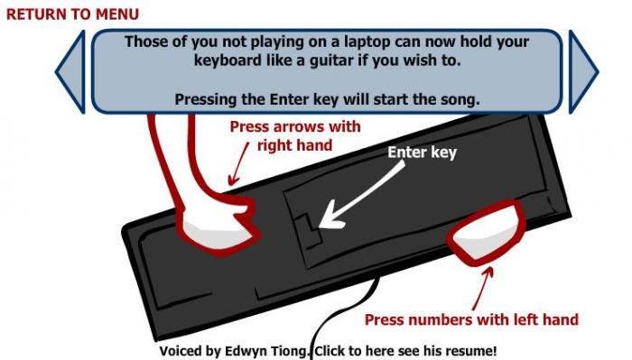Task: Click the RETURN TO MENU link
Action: point(72,14)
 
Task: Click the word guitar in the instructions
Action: point(334,60)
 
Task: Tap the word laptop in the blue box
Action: point(367,42)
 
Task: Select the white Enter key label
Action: point(422,152)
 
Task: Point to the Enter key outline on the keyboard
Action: point(310,233)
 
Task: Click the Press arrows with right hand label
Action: point(295,136)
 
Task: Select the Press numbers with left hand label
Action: point(471,319)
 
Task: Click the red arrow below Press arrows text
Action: point(238,164)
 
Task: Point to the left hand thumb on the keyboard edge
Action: point(487,233)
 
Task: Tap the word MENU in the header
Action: point(117,14)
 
